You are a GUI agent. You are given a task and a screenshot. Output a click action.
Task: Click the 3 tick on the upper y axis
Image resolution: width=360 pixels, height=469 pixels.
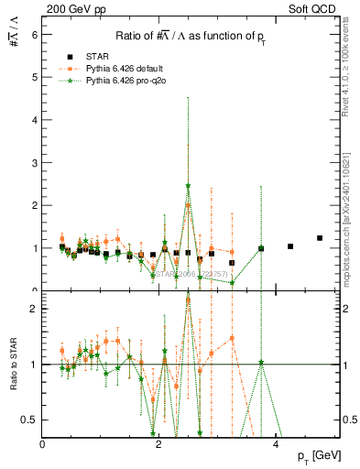tap(35, 162)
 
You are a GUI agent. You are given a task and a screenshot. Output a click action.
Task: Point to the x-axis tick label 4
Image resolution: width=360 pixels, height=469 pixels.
tap(275, 443)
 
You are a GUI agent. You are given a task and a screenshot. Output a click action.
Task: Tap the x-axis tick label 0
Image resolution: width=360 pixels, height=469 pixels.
tap(43, 443)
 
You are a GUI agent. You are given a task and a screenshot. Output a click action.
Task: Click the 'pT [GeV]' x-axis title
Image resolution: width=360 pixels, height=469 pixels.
tap(322, 456)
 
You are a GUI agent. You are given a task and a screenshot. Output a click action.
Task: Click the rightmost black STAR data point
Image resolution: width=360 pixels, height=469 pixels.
tap(320, 238)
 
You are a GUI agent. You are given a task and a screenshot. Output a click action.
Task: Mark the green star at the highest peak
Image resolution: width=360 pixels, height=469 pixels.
tap(188, 186)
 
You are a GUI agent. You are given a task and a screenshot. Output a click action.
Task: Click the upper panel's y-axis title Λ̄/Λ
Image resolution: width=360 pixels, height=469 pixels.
tap(13, 34)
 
